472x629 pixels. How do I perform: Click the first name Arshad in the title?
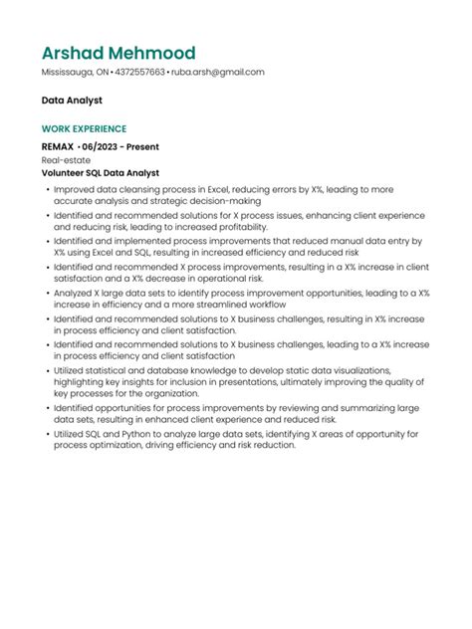click(x=76, y=53)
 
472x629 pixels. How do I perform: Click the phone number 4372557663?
click(x=139, y=73)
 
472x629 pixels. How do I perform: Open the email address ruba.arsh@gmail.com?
click(x=217, y=73)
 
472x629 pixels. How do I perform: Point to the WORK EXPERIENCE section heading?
click(x=84, y=129)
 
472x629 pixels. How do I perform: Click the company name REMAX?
click(x=58, y=145)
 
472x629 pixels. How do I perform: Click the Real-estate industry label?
click(x=63, y=158)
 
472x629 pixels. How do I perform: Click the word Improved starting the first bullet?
click(x=75, y=188)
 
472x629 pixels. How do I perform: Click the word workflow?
click(x=267, y=305)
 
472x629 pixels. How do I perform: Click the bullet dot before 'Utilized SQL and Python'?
click(x=46, y=434)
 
